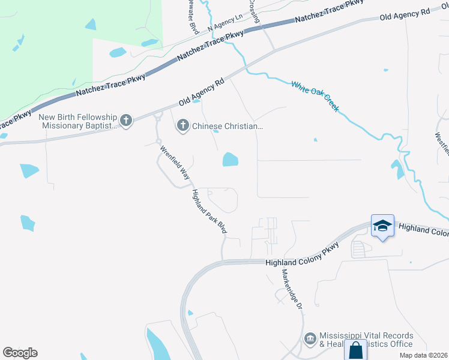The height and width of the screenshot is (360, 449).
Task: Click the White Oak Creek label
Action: (x=315, y=96)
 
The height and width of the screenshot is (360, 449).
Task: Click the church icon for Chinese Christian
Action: (x=183, y=126)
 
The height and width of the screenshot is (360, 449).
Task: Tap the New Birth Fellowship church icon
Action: (x=125, y=121)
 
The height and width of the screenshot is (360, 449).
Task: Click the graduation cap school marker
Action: (x=382, y=226)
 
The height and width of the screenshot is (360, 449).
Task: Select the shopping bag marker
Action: (x=355, y=350)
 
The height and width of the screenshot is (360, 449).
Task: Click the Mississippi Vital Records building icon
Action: (x=310, y=340)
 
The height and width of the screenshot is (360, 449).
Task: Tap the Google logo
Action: (x=20, y=353)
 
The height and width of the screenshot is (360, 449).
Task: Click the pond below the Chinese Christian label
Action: (x=230, y=159)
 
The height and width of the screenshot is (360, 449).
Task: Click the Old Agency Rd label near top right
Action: (x=405, y=14)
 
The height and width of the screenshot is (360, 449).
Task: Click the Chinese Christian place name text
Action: (x=228, y=126)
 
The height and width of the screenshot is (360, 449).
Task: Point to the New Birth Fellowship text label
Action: (x=79, y=121)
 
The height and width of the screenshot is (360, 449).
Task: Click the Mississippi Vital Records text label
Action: (x=366, y=340)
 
